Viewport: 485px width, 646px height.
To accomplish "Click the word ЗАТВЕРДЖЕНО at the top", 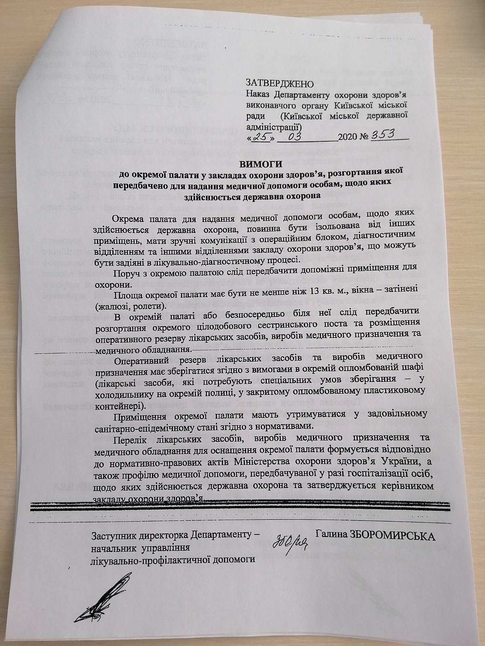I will click(x=280, y=83).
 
